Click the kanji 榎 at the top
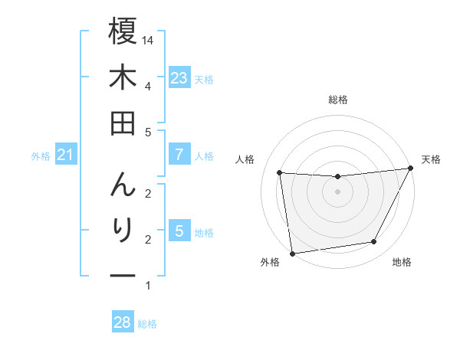(x=123, y=31)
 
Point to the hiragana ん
(x=123, y=184)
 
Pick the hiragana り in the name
(x=123, y=230)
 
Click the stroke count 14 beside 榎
(x=148, y=41)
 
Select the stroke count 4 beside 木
(x=147, y=86)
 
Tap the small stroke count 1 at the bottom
(x=147, y=286)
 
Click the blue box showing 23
(x=179, y=77)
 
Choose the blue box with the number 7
(x=179, y=155)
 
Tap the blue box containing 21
(x=65, y=155)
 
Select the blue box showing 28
(x=122, y=322)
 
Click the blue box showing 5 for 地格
(x=179, y=231)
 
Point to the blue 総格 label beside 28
(x=147, y=324)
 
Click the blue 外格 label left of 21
(x=41, y=156)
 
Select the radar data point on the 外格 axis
(x=292, y=253)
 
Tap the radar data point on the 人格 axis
(x=280, y=173)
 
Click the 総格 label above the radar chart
(x=337, y=100)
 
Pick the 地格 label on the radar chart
(x=402, y=262)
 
